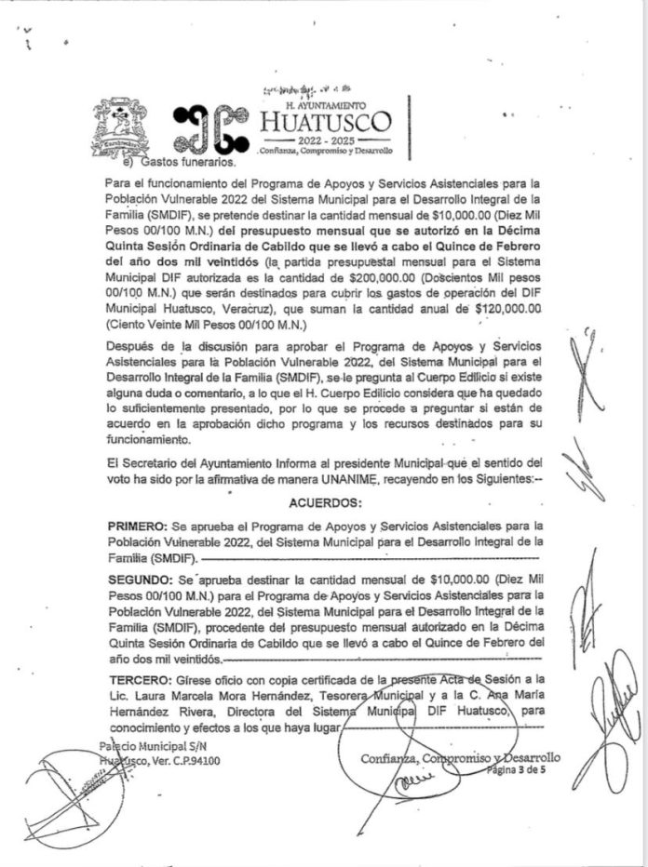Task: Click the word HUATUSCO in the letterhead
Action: click(326, 122)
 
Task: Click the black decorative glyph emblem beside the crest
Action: click(211, 130)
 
